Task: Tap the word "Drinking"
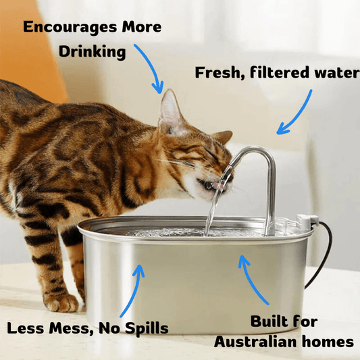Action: coord(92,52)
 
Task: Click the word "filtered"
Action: coord(278,73)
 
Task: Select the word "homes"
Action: coord(329,342)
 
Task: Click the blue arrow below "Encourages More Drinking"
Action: coord(150,68)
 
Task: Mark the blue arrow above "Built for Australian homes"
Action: coord(253,280)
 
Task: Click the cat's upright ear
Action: coord(170,111)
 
